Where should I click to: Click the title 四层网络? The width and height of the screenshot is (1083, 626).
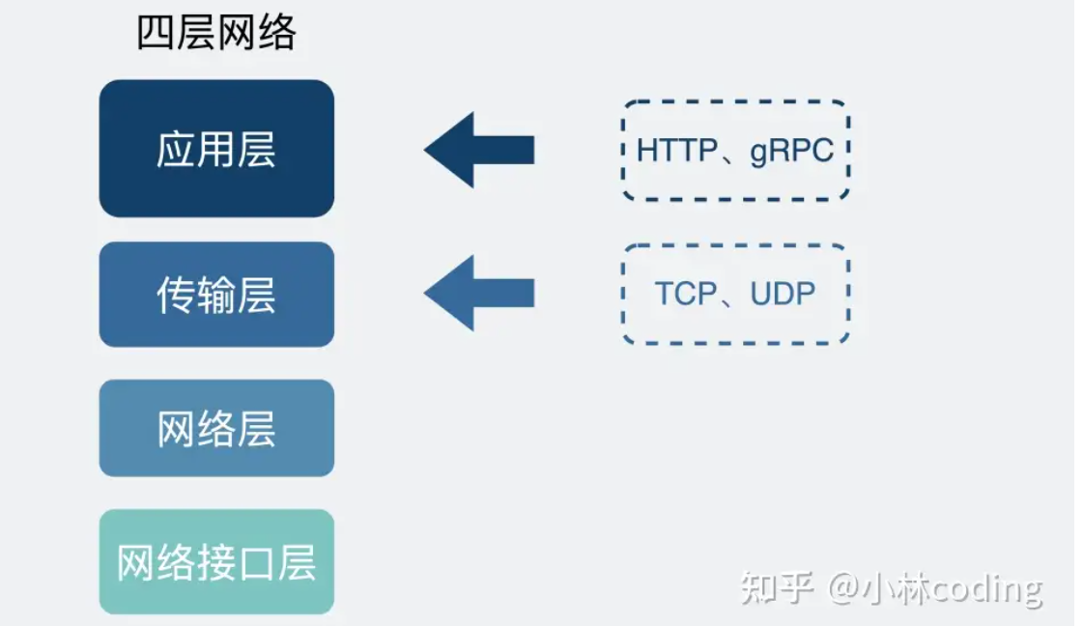(x=215, y=34)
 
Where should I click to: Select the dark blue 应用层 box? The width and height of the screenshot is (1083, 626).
(x=216, y=149)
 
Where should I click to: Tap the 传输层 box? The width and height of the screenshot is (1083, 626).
(x=216, y=295)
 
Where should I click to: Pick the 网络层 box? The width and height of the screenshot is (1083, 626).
(x=216, y=428)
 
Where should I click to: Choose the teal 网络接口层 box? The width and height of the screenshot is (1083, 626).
(x=216, y=562)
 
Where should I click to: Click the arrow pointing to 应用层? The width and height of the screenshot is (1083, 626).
(x=478, y=150)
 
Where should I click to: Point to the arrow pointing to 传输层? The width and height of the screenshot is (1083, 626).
(x=478, y=293)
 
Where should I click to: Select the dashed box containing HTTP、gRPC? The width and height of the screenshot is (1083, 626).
(x=735, y=150)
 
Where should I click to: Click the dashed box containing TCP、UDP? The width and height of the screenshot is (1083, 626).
(x=735, y=294)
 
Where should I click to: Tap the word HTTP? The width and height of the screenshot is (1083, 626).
(x=676, y=151)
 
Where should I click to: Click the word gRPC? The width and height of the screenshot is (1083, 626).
(x=791, y=151)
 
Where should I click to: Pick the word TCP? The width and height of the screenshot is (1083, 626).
(x=685, y=294)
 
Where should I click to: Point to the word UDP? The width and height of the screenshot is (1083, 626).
(x=783, y=294)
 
